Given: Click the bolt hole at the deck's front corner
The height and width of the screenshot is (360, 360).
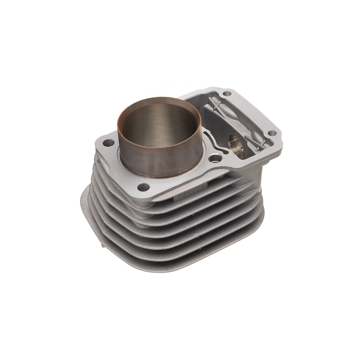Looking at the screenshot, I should coord(144,187).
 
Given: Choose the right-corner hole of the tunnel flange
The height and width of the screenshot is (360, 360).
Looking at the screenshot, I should coord(272,134).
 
